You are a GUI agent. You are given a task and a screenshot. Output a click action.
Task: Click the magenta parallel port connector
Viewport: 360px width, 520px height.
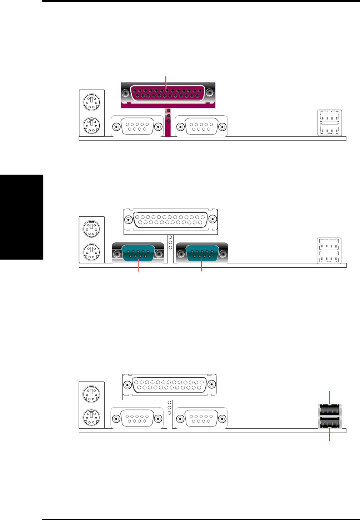[x=168, y=93]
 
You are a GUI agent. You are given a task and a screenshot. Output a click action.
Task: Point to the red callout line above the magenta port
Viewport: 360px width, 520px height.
[x=166, y=81]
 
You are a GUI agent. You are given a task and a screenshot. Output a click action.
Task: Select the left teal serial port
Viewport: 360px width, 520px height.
[x=138, y=254]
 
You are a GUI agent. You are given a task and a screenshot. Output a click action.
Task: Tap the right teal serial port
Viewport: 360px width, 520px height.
[x=202, y=254]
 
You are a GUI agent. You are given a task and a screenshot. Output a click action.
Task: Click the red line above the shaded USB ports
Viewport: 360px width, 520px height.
[x=330, y=397]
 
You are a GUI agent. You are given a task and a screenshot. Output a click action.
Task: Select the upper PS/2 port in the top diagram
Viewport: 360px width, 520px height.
[x=92, y=102]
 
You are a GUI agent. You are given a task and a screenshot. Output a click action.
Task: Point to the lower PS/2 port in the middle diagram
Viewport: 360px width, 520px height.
[x=92, y=252]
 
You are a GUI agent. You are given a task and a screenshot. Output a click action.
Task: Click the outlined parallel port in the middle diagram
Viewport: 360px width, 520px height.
[x=170, y=219]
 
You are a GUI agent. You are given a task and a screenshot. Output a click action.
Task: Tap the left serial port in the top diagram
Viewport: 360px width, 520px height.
[x=137, y=127]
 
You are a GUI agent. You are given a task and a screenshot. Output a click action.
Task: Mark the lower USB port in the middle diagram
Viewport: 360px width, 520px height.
[x=330, y=257]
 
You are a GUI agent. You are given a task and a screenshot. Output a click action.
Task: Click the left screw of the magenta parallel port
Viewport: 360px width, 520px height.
[x=125, y=93]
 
